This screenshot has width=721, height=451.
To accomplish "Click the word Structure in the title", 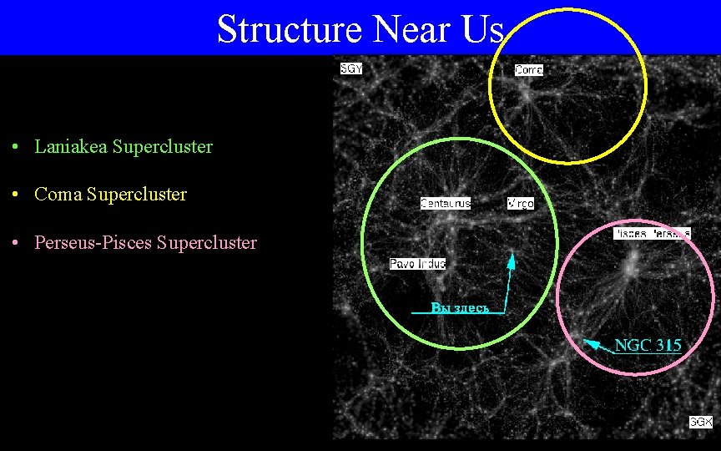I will (x=289, y=29).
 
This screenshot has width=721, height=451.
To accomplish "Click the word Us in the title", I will (x=482, y=29).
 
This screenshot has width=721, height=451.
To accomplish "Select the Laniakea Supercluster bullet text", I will (x=124, y=147).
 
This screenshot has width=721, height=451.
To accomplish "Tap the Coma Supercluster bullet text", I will (x=110, y=195).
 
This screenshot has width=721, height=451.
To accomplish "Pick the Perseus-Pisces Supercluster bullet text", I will (x=145, y=243).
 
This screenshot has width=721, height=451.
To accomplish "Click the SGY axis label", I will (x=351, y=68).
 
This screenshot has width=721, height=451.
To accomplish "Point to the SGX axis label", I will (x=701, y=422).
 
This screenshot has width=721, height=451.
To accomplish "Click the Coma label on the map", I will (x=528, y=70).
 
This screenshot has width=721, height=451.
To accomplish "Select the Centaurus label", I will (x=445, y=203).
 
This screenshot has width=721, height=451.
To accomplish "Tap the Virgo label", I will (x=520, y=203).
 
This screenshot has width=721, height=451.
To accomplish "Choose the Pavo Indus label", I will (x=417, y=264).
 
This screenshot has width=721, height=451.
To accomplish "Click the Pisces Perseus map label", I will (x=652, y=233).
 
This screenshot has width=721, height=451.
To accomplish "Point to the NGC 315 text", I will (x=648, y=345).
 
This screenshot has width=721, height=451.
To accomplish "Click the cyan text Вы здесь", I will (x=460, y=308).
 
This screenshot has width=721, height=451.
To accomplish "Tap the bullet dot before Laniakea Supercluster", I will (x=17, y=148).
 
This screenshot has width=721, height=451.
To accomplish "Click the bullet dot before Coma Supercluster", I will (x=17, y=195).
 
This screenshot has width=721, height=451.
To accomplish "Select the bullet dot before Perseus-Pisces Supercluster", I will (x=17, y=244).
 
